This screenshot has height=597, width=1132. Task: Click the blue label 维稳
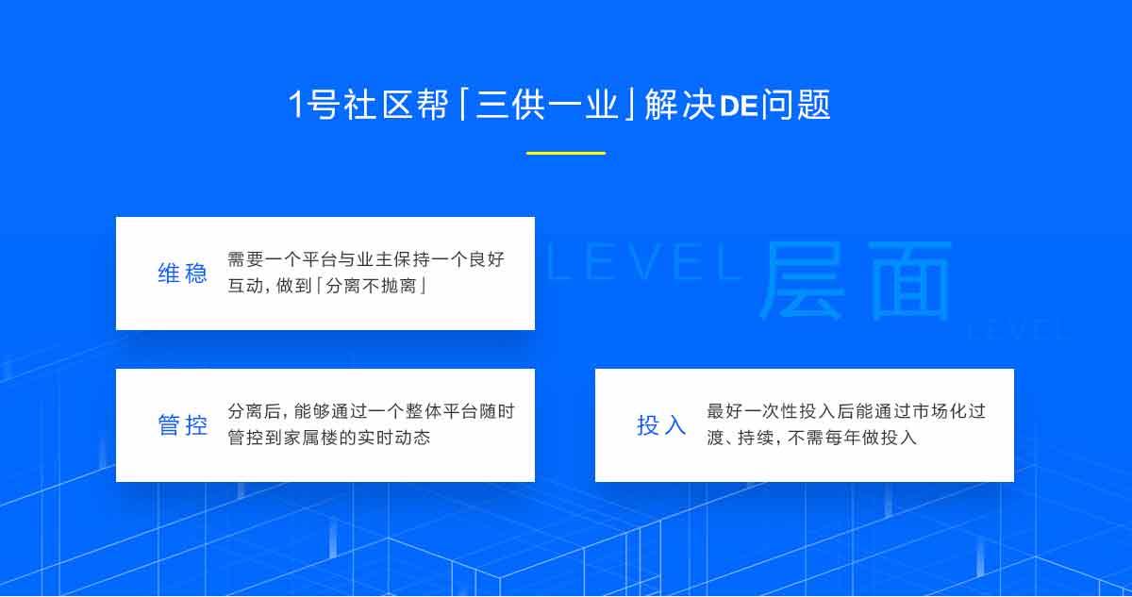(x=182, y=274)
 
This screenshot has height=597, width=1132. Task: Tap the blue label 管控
(x=182, y=424)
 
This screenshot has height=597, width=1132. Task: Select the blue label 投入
(x=661, y=424)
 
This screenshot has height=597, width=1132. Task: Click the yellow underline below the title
(x=565, y=153)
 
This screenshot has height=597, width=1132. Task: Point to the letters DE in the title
(x=739, y=106)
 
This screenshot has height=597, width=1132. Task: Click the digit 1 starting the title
(x=295, y=105)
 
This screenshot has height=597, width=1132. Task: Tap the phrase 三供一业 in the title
(x=547, y=105)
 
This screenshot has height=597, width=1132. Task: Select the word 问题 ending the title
(x=796, y=105)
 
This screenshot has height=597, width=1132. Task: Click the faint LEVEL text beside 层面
(x=644, y=262)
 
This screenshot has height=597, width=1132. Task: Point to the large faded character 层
(x=803, y=280)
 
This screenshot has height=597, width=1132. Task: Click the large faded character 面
(x=909, y=280)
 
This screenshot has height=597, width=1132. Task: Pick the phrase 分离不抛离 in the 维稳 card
(x=371, y=286)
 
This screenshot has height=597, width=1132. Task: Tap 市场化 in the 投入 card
(x=940, y=411)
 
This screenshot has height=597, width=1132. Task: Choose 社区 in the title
(x=378, y=105)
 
